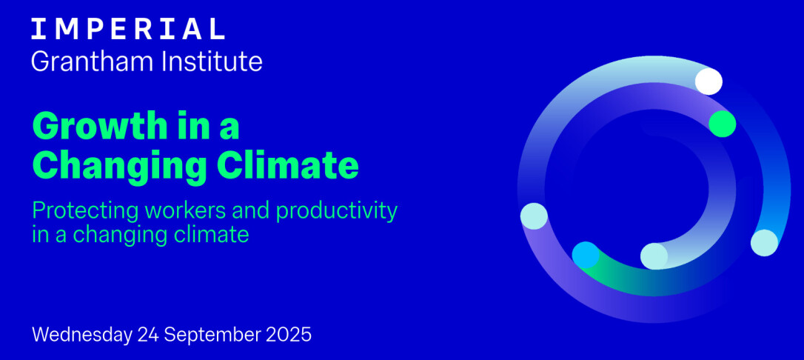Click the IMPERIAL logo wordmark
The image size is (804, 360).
point(127,29)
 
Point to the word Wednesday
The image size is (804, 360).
point(82,335)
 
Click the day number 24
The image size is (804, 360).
point(148,334)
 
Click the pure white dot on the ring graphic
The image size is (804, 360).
point(708,81)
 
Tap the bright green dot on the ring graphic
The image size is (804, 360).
point(723,124)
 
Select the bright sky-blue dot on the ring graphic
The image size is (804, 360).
point(586,255)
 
